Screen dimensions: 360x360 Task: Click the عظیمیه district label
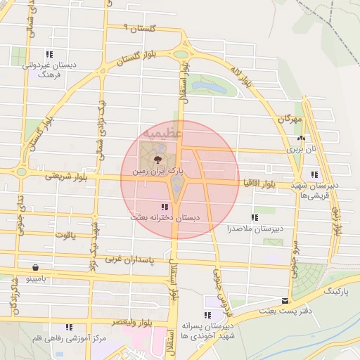162,132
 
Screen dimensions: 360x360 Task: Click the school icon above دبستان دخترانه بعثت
165,207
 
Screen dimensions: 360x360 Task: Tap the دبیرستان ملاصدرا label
254,229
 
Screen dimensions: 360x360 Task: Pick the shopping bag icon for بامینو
35,267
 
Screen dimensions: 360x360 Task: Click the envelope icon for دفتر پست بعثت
285,300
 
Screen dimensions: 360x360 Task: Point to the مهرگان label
289,120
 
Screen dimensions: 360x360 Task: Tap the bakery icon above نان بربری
302,139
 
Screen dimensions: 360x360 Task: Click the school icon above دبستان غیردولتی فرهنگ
49,54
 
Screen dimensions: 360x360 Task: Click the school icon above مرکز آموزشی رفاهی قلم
69,327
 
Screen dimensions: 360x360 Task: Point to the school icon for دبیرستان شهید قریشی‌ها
314,174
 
